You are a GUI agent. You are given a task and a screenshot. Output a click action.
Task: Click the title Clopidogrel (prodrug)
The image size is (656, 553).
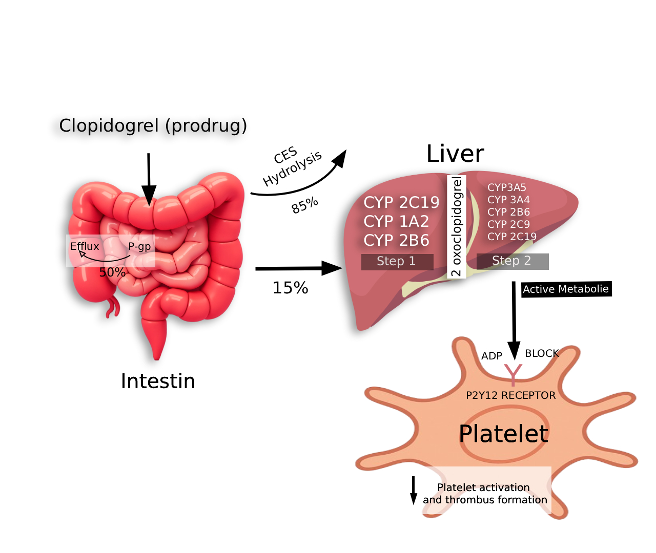tap(153, 125)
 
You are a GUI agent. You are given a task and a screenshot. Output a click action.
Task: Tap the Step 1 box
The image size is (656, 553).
tap(397, 261)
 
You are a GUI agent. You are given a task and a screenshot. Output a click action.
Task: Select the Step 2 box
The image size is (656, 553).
tap(512, 261)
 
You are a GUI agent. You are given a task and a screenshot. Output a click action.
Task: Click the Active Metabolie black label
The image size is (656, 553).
tap(566, 289)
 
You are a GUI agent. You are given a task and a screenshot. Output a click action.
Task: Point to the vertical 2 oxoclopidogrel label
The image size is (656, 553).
tap(456, 226)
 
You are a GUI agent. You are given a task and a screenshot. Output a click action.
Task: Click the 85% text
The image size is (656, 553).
tap(305, 205)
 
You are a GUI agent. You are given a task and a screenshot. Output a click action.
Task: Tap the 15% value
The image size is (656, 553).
tap(290, 288)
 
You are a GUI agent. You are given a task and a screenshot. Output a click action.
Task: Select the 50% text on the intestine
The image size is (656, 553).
tap(112, 272)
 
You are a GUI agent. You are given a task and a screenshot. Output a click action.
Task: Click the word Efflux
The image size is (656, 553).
tap(85, 246)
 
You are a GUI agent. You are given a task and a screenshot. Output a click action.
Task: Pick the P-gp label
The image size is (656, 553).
tap(139, 246)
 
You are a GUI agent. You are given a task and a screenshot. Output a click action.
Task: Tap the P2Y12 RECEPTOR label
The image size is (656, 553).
tap(510, 395)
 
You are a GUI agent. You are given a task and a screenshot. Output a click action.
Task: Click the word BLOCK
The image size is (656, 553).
tap(542, 353)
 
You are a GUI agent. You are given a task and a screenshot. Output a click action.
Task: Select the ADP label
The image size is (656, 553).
tap(491, 356)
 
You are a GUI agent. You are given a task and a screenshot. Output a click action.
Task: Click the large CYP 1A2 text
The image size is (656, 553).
tap(396, 222)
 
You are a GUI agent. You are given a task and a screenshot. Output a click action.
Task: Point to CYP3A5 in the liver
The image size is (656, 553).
tap(506, 187)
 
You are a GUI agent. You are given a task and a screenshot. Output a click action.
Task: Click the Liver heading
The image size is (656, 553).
tap(455, 154)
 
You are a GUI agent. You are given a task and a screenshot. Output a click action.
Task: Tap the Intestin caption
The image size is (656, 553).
tap(158, 381)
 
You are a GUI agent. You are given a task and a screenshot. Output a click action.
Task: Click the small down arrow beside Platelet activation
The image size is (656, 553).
tap(414, 491)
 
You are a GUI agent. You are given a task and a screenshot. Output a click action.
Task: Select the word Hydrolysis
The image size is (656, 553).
tap(292, 168)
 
